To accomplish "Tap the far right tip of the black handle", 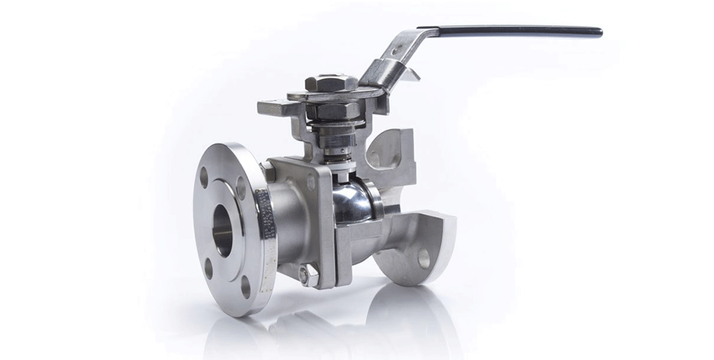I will point(600,32).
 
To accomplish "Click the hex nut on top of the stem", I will point(331,82).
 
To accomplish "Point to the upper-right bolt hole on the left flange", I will point(241,187).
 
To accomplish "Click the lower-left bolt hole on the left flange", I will point(208,267).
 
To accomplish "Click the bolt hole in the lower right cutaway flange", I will point(423,258).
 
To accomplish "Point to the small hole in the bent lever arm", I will point(397,52).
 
